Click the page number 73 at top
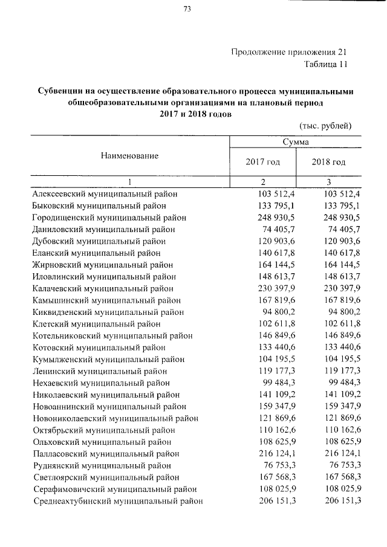187,8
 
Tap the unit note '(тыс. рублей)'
325,125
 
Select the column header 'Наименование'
129,155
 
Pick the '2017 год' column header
262,163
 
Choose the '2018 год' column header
328,163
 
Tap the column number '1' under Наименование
129,182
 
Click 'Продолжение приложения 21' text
289,51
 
